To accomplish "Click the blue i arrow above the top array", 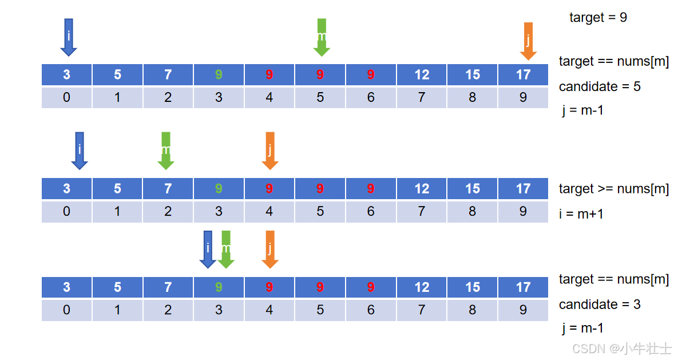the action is (x=69, y=37).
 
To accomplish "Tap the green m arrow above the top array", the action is (x=322, y=37).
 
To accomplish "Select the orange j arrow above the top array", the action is (x=528, y=41).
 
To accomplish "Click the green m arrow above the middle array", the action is (x=166, y=151).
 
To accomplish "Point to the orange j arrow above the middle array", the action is (x=270, y=151).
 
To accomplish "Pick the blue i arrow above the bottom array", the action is (x=208, y=250).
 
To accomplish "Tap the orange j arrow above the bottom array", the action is (x=270, y=250).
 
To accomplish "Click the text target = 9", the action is (x=598, y=18).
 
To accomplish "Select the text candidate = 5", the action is (x=600, y=86).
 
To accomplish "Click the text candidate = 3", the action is (x=600, y=304).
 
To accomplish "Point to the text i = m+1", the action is (x=581, y=213).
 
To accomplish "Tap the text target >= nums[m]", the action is (x=614, y=189).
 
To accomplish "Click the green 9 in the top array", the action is (x=219, y=75).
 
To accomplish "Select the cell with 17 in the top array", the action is (x=523, y=75).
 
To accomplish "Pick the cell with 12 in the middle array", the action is (x=422, y=188).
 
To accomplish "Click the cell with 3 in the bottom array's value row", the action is (x=66, y=287).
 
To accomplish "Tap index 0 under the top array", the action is (x=66, y=97).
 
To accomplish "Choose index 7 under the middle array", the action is (x=422, y=211).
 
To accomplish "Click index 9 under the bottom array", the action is (x=523, y=310).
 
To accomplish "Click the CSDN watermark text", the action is (x=622, y=349).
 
